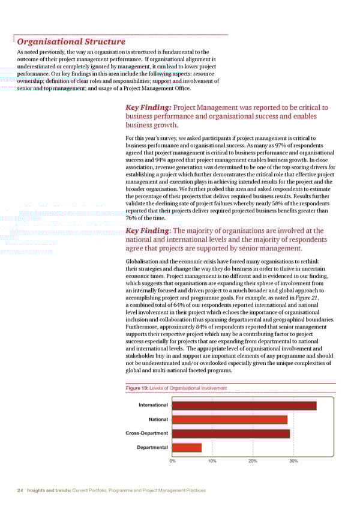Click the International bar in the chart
pyautogui.click(x=244, y=406)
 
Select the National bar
pyautogui.click(x=230, y=420)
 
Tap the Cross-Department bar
pyautogui.click(x=231, y=433)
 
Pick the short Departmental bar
pyautogui.click(x=187, y=447)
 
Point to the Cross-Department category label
pyautogui.click(x=147, y=433)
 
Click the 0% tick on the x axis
pyautogui.click(x=173, y=461)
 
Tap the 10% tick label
pyautogui.click(x=212, y=461)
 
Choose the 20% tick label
pyautogui.click(x=253, y=461)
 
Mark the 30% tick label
pyautogui.click(x=293, y=461)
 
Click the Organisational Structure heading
pyautogui.click(x=71, y=42)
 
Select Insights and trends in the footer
pyautogui.click(x=49, y=490)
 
